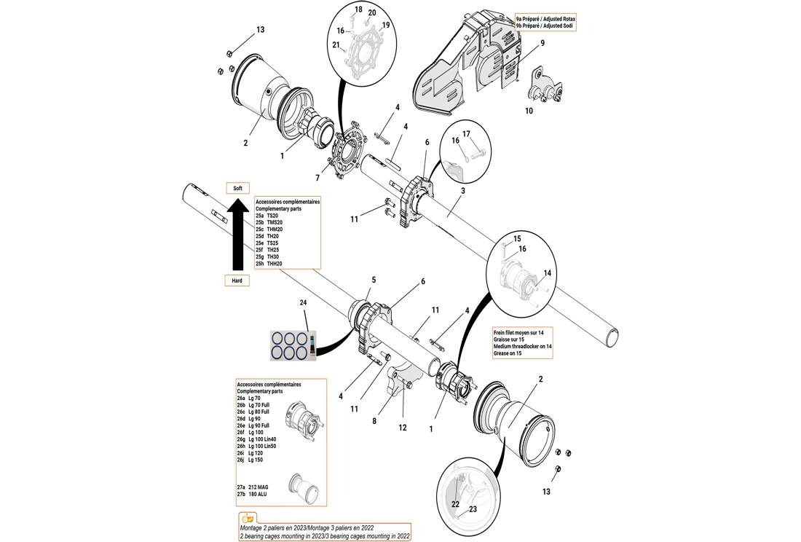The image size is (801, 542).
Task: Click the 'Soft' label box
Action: click(237, 188)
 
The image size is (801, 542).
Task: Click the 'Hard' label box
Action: click(237, 280)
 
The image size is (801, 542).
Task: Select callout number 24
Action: click(303, 302)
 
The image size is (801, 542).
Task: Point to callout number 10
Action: click(529, 111)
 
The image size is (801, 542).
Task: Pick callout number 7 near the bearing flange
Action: click(317, 178)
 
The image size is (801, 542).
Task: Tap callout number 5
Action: click(374, 280)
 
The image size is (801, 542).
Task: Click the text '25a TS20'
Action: click(267, 216)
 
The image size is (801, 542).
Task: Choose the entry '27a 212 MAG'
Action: click(253, 487)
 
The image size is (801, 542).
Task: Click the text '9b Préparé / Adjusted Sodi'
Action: click(545, 25)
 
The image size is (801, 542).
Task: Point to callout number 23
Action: click(473, 509)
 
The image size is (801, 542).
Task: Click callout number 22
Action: click(455, 504)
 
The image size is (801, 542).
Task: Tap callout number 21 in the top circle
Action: click(336, 45)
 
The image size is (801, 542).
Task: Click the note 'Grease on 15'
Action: click(508, 353)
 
